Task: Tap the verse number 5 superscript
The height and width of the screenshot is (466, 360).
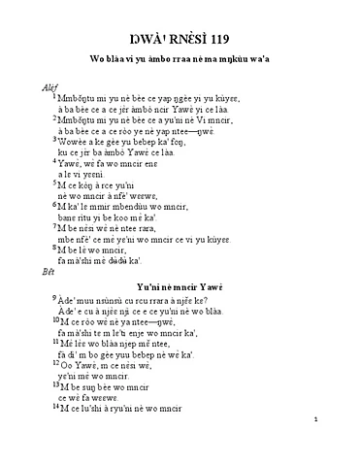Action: (x=55, y=183)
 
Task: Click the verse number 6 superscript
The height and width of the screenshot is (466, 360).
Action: (x=55, y=204)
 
